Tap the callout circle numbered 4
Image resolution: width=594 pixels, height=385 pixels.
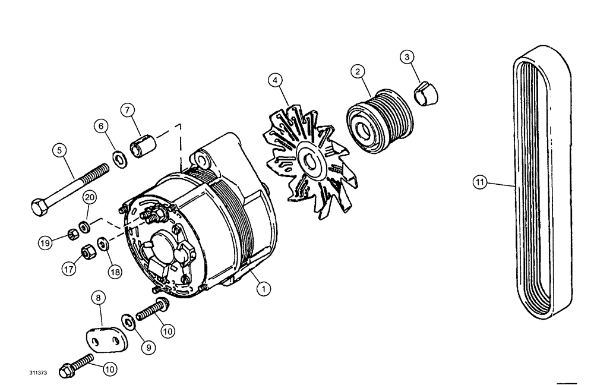coord(274,79)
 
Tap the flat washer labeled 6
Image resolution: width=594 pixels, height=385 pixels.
coord(119,159)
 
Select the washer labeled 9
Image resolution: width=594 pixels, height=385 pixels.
coord(128,321)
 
